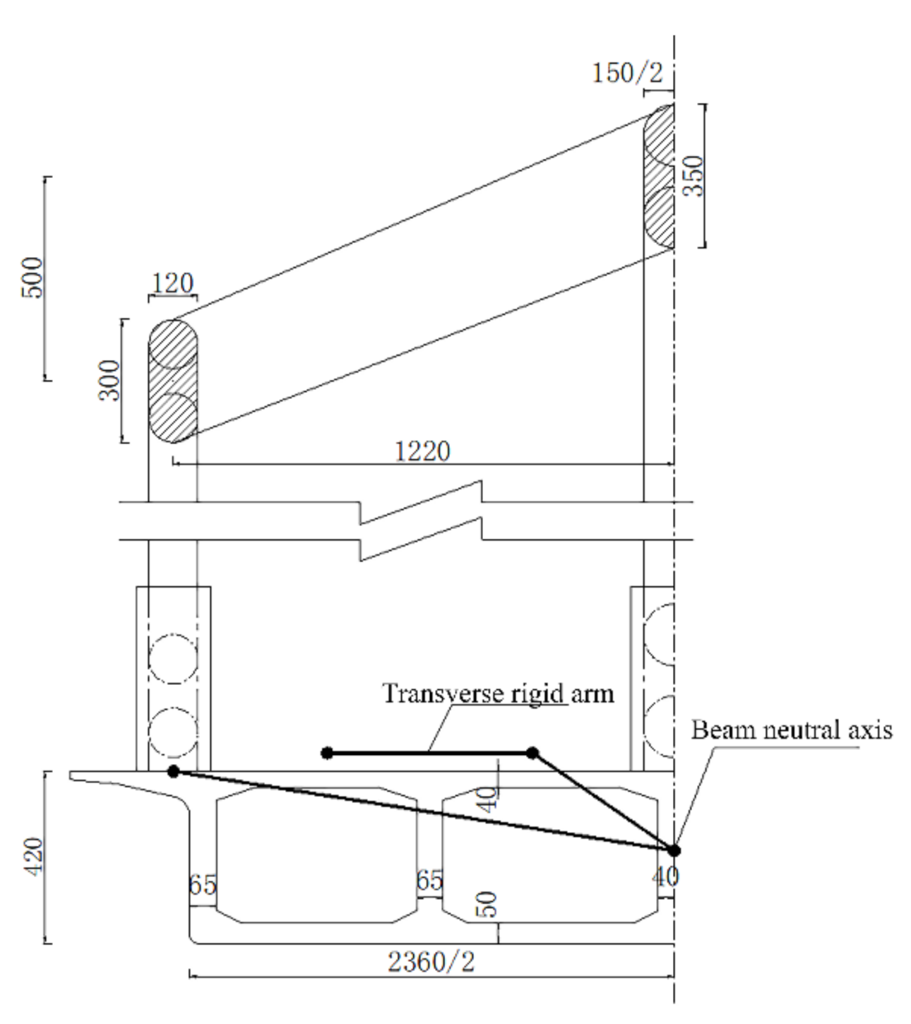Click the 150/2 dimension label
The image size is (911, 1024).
point(627,72)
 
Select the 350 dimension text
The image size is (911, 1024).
point(695,175)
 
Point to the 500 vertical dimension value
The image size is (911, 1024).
point(32,277)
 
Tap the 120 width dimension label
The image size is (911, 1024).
point(172,284)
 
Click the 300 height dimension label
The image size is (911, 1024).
point(109,381)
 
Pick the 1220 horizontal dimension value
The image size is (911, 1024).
point(422,451)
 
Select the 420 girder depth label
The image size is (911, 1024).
point(32,856)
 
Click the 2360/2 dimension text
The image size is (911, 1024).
point(431,962)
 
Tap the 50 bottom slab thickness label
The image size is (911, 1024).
point(488,905)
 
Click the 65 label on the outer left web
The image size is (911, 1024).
point(202,884)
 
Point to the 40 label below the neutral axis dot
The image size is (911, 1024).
point(665,876)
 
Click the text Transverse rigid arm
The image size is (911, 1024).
point(498,693)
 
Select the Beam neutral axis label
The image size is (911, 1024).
point(791,730)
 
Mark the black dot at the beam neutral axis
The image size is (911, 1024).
point(674,850)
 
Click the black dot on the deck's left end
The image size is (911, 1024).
point(173,772)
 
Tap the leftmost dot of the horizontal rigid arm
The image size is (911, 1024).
point(327,754)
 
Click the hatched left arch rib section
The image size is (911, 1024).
point(172,381)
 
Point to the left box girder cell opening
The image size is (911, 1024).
point(316,855)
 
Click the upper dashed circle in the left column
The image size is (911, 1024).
point(172,659)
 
